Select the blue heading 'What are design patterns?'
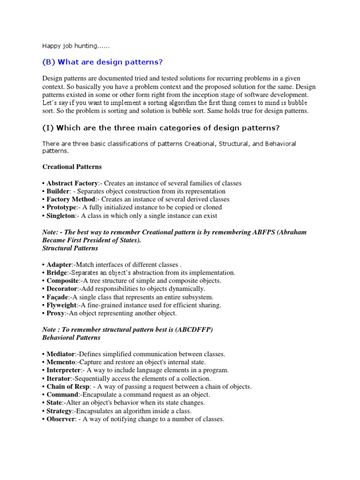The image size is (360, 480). pyautogui.click(x=103, y=62)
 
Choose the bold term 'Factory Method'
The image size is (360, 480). pyautogui.click(x=70, y=199)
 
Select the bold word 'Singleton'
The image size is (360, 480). pyautogui.click(x=61, y=216)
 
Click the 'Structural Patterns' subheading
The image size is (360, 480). pyautogui.click(x=70, y=248)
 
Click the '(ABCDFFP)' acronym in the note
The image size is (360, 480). pyautogui.click(x=194, y=330)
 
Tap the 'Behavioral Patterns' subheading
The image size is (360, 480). pyautogui.click(x=71, y=337)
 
